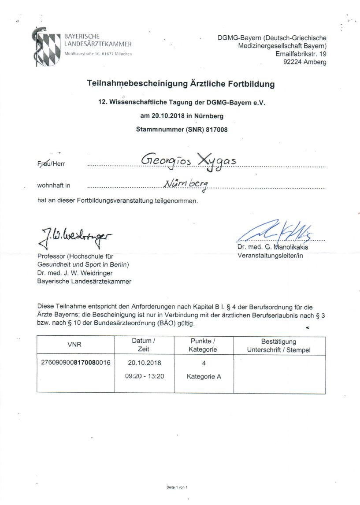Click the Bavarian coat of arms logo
(46, 47)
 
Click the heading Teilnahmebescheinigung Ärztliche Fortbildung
(181, 84)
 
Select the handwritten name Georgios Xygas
(189, 161)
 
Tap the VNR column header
(75, 345)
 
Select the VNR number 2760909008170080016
(75, 363)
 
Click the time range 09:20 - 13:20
(144, 376)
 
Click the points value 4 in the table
(204, 363)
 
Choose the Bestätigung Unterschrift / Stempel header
(278, 345)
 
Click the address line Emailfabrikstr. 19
(301, 54)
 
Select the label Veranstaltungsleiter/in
(270, 255)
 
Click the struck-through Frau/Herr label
(51, 163)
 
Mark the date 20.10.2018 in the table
(144, 363)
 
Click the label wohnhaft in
(53, 186)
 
